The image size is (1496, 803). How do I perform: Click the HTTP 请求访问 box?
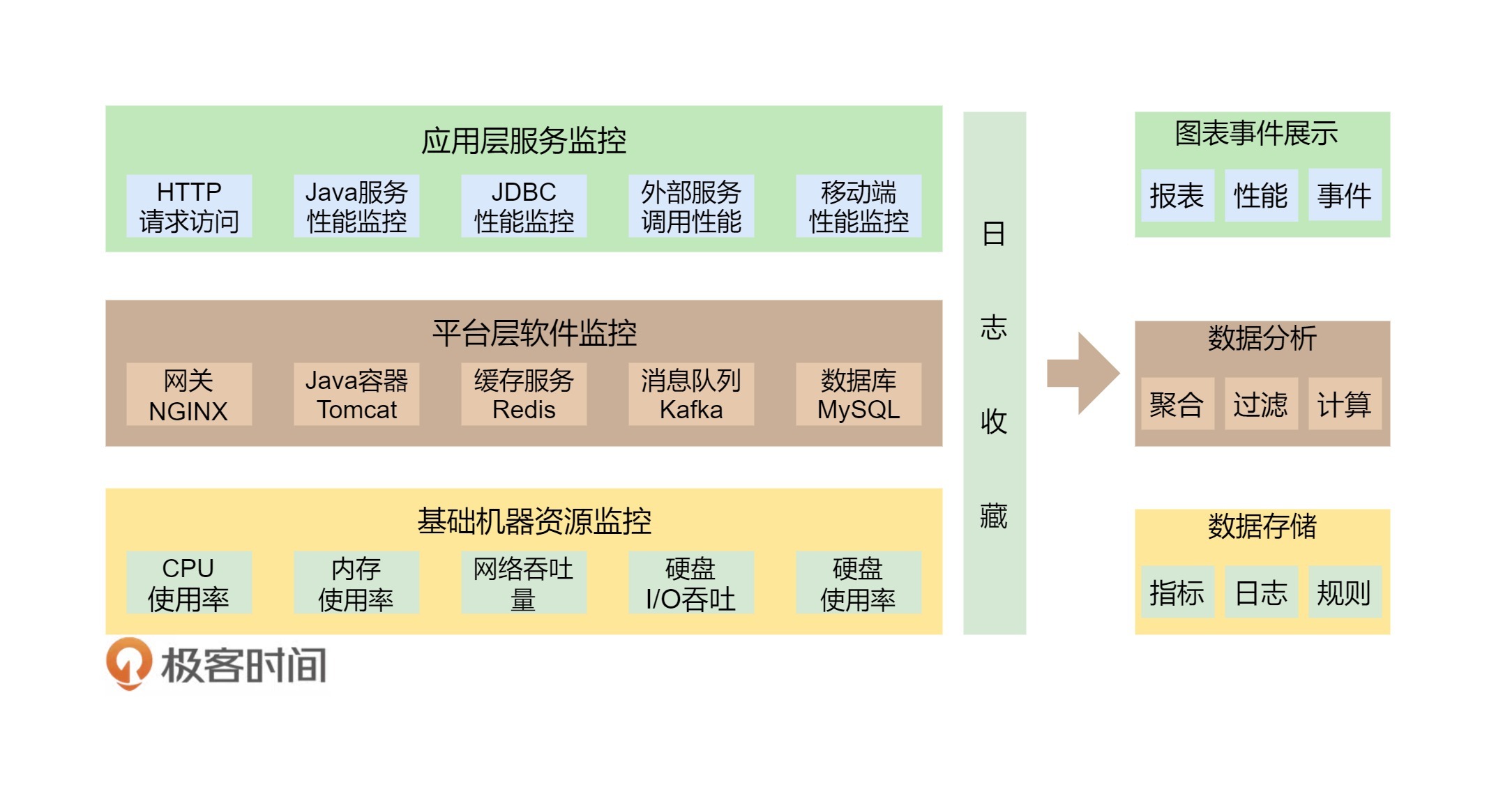tap(189, 206)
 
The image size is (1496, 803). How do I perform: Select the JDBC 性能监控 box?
tap(524, 206)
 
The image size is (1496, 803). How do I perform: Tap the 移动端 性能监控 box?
tap(859, 206)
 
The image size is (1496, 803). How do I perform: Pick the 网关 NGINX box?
tap(189, 395)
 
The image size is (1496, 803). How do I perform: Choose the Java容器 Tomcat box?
tap(356, 395)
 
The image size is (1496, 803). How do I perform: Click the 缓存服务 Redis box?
tap(524, 395)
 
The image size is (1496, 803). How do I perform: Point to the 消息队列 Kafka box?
tap(691, 395)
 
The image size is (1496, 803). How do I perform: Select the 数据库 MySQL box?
tap(859, 395)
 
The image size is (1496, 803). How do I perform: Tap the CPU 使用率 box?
tap(189, 583)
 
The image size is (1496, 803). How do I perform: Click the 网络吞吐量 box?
tap(524, 583)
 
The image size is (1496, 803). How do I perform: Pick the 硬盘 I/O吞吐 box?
tap(691, 583)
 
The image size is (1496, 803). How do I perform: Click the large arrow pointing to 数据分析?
tap(1083, 374)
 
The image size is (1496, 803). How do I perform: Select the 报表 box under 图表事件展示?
tap(1177, 196)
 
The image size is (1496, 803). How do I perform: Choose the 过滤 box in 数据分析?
tap(1261, 404)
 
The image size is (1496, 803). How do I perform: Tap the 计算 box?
tap(1345, 404)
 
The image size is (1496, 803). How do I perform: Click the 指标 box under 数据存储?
tap(1177, 592)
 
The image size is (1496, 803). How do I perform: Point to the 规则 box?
tap(1345, 592)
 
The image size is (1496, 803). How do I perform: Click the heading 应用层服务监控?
tap(524, 141)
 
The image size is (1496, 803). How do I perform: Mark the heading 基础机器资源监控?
tap(534, 521)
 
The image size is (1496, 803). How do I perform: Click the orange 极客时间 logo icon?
tap(129, 663)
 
